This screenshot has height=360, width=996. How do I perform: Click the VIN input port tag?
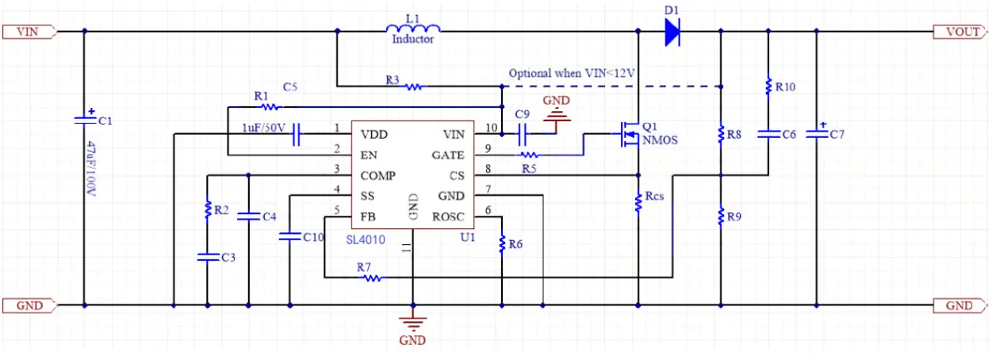click(x=30, y=32)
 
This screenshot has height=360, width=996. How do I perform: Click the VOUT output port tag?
click(x=960, y=32)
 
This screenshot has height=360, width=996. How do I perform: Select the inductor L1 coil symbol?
click(x=413, y=28)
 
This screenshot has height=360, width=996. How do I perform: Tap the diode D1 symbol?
click(x=672, y=32)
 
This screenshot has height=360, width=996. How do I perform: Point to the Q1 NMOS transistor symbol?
click(x=628, y=134)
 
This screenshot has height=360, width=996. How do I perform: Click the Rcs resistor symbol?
click(x=638, y=202)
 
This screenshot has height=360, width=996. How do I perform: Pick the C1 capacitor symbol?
click(x=85, y=119)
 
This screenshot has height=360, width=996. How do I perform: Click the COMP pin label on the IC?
click(x=377, y=176)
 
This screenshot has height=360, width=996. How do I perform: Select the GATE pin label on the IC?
click(x=448, y=155)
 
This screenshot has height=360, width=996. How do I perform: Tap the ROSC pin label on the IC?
click(x=448, y=217)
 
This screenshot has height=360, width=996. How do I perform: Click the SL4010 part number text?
click(x=366, y=240)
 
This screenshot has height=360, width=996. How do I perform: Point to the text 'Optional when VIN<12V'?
click(x=572, y=73)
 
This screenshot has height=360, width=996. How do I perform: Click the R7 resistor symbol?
click(x=373, y=278)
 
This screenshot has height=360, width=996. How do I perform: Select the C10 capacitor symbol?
click(x=290, y=236)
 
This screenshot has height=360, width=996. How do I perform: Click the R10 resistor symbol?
click(x=768, y=86)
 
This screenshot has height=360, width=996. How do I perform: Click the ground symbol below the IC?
click(x=413, y=324)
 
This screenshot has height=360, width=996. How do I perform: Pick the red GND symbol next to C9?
click(x=556, y=115)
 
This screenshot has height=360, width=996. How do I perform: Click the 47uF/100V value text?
click(x=90, y=168)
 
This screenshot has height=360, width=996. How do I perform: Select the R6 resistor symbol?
click(x=502, y=244)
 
